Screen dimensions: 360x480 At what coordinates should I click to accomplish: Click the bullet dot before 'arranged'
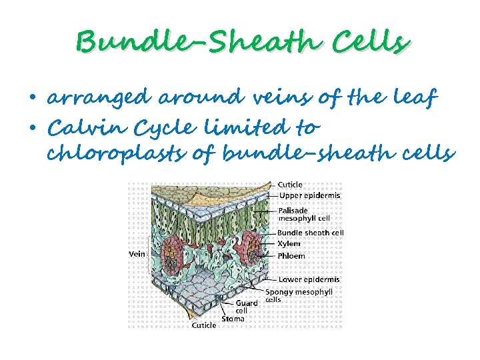pyautogui.click(x=33, y=99)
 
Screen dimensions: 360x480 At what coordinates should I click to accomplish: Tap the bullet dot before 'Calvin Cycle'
pyautogui.click(x=33, y=127)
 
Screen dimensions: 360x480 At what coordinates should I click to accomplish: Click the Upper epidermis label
pyautogui.click(x=309, y=195)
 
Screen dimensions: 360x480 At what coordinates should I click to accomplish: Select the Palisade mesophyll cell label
pyautogui.click(x=304, y=213)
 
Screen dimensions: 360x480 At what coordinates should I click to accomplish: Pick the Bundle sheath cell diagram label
pyautogui.click(x=311, y=233)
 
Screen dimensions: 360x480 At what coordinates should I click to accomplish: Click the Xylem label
pyautogui.click(x=289, y=243)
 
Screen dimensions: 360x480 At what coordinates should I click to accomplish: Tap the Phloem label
pyautogui.click(x=291, y=255)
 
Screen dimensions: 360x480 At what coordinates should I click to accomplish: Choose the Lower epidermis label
pyautogui.click(x=309, y=279)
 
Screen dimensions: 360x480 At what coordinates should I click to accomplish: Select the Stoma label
pyautogui.click(x=233, y=319)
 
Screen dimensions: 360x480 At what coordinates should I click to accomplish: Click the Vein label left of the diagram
pyautogui.click(x=137, y=253)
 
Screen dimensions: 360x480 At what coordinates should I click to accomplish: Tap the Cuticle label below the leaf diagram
pyautogui.click(x=204, y=325)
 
